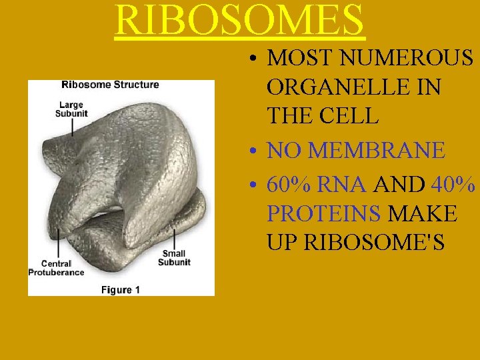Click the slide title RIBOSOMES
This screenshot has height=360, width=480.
point(240,20)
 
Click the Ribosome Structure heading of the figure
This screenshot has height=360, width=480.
point(110,85)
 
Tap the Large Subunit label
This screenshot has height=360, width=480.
point(71,109)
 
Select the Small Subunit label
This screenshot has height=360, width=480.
point(174,258)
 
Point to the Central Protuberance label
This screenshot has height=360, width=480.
point(56,268)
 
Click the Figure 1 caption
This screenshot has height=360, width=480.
point(121,289)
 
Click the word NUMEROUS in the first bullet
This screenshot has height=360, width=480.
point(407,59)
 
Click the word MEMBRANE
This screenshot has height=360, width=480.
point(377,151)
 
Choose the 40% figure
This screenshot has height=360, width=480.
point(453,185)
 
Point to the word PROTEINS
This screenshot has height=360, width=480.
point(324,213)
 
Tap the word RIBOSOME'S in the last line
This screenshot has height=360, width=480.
point(374,242)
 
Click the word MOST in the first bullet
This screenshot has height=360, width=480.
point(301,59)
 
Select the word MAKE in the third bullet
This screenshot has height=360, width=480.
point(422,213)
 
